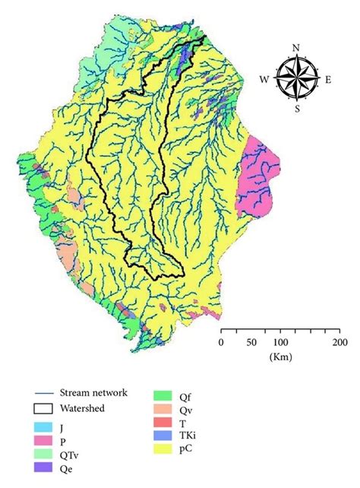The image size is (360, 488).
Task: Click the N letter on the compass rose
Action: (296, 48)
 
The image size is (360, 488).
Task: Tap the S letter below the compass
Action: (297, 109)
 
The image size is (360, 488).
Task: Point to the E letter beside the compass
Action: (327, 78)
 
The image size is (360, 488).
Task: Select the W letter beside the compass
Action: (265, 78)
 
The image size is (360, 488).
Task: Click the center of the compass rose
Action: (296, 78)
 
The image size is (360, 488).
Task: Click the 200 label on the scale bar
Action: (339, 343)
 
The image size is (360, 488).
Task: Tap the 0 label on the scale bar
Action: (221, 343)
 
